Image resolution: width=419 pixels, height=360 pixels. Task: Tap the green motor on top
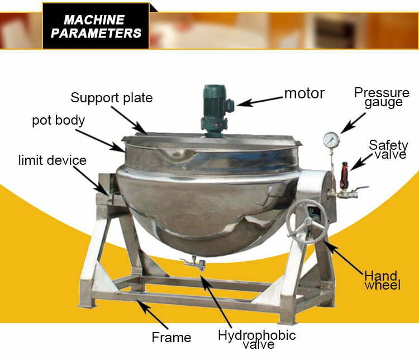213,108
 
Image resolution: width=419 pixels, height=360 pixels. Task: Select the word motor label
304,93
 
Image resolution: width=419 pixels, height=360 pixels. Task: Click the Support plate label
111,98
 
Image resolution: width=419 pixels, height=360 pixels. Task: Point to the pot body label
58,120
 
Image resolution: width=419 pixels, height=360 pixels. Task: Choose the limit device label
53,160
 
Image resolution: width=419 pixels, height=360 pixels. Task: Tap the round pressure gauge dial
331,139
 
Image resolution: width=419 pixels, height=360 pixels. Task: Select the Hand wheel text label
382,280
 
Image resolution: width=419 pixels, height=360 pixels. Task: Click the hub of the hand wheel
307,222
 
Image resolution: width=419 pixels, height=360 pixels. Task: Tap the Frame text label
172,337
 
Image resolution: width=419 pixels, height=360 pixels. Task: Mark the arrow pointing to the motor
260,101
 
